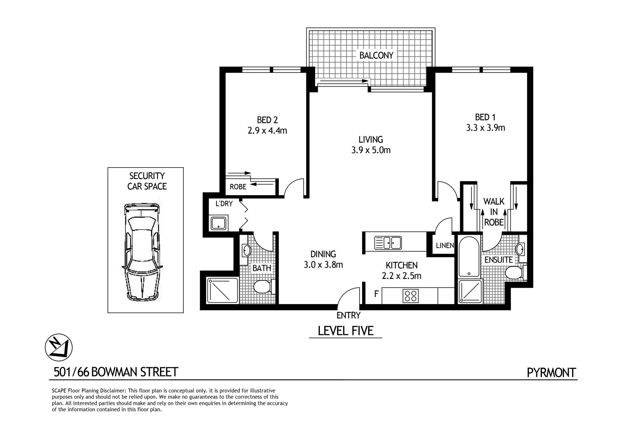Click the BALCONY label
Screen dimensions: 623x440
coord(376,55)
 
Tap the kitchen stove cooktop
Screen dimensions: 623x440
coord(410,295)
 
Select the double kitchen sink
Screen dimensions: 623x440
coord(388,243)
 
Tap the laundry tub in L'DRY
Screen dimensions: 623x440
coord(219,223)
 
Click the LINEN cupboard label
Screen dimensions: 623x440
coord(445,245)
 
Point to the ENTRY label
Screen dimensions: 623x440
coord(348,315)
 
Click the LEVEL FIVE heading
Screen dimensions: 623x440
coord(346,331)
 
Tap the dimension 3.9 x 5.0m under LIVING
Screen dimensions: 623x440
coord(371,150)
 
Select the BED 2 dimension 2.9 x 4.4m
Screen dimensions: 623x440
coord(267,131)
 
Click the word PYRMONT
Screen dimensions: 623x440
coord(551,373)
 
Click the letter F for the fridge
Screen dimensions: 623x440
coord(376,294)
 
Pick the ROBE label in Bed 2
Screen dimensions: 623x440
coord(238,187)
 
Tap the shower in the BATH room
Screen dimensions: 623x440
coord(223,290)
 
